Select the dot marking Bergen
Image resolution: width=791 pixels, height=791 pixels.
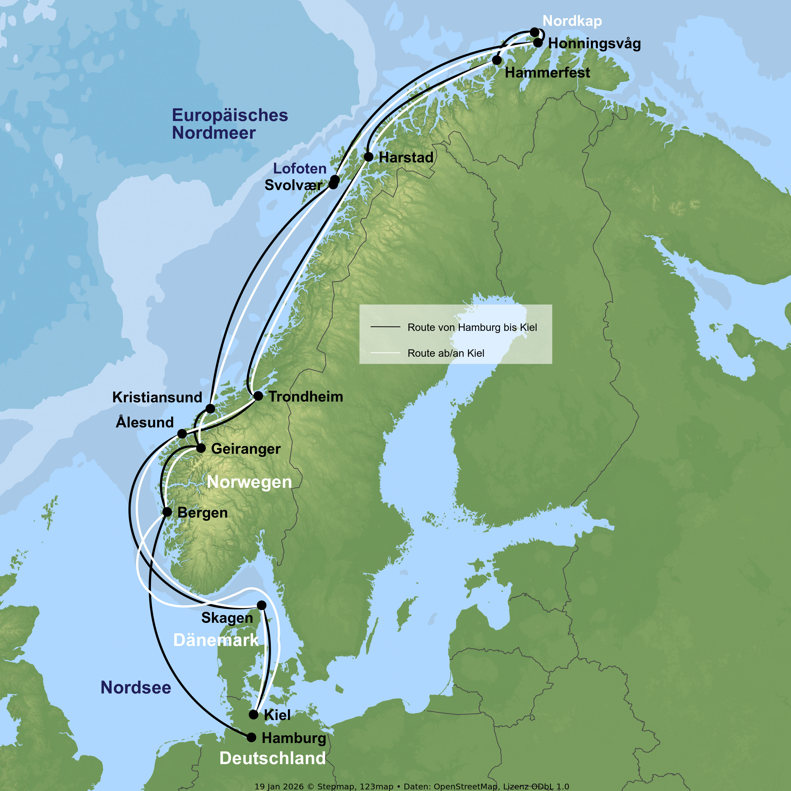[x=167, y=512]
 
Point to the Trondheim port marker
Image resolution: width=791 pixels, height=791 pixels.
[x=258, y=396]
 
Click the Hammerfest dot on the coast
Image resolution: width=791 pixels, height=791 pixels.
[x=497, y=60]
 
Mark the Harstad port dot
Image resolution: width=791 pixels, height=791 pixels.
[x=369, y=157]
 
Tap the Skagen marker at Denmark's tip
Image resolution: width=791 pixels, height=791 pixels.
[x=262, y=605]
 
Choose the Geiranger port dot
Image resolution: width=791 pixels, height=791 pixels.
[x=201, y=448]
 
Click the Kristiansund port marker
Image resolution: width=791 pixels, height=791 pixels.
[x=210, y=409]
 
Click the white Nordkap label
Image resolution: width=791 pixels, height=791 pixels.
[x=572, y=21]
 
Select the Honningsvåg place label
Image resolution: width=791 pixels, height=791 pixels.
[x=594, y=44]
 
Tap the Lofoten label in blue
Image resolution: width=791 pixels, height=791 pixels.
[x=300, y=168]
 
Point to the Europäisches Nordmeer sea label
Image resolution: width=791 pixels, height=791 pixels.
[x=230, y=124]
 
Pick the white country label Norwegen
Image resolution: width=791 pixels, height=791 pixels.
[x=249, y=482]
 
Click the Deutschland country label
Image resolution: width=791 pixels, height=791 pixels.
[x=273, y=758]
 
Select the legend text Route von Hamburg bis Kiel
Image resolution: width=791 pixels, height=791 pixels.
[x=472, y=327]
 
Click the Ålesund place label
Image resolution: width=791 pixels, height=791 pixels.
[x=145, y=422]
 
